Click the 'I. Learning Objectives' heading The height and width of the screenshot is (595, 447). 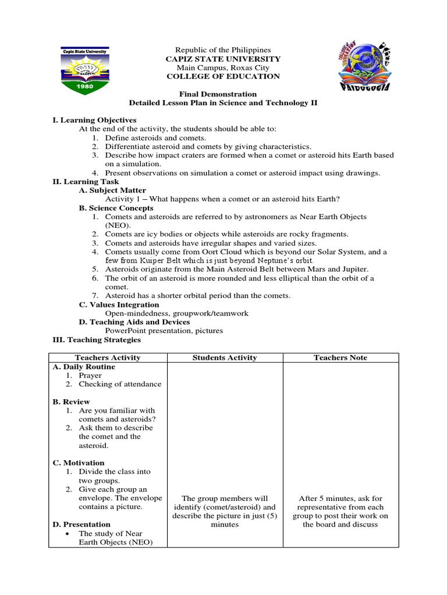94,120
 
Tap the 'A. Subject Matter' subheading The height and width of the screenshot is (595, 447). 112,191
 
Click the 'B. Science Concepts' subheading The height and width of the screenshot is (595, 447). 116,208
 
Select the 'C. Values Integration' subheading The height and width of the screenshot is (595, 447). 119,304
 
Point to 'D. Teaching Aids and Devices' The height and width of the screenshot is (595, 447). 134,322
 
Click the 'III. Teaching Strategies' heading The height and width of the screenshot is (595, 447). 96,340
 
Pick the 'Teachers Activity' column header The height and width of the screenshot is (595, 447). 108,358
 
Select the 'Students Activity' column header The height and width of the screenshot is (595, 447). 225,358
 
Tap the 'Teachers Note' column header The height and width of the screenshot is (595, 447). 340,358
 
